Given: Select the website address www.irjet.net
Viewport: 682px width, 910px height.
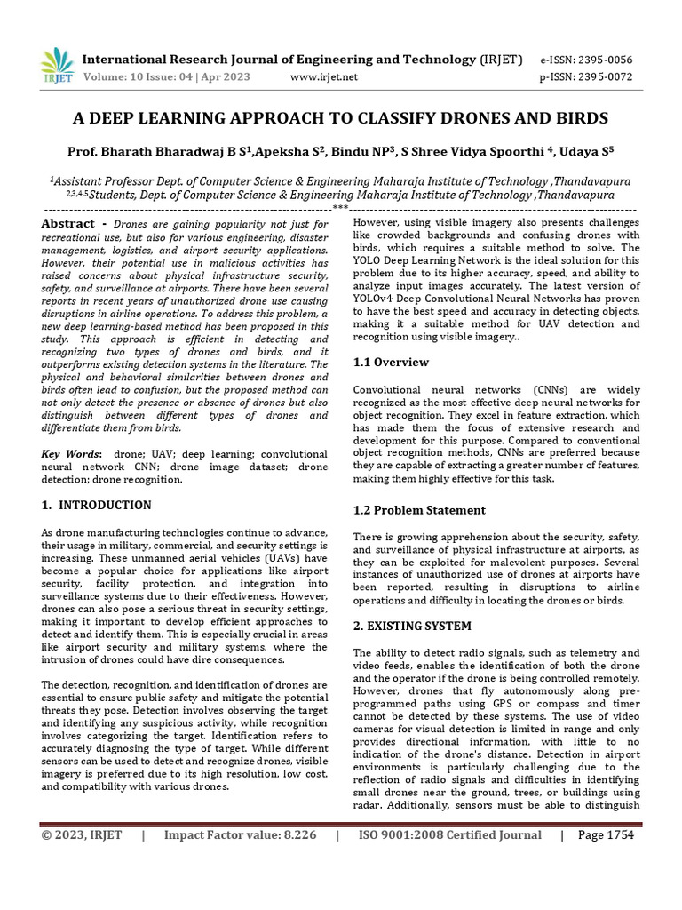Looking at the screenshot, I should [x=324, y=77].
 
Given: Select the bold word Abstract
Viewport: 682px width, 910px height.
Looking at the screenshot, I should [x=67, y=224].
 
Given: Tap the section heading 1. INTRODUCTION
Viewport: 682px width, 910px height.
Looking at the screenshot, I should [x=96, y=506].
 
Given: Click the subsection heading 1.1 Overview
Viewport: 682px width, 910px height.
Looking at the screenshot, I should [x=391, y=363].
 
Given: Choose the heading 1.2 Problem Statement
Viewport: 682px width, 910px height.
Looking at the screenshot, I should [x=419, y=510].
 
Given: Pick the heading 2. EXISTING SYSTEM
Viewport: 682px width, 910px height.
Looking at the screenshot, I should [x=412, y=627].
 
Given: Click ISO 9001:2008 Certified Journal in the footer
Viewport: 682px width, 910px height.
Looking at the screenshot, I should [x=449, y=835].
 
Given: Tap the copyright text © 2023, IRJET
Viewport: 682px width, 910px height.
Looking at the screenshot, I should [x=81, y=835].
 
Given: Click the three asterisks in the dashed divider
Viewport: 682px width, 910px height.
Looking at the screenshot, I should [x=340, y=209].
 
